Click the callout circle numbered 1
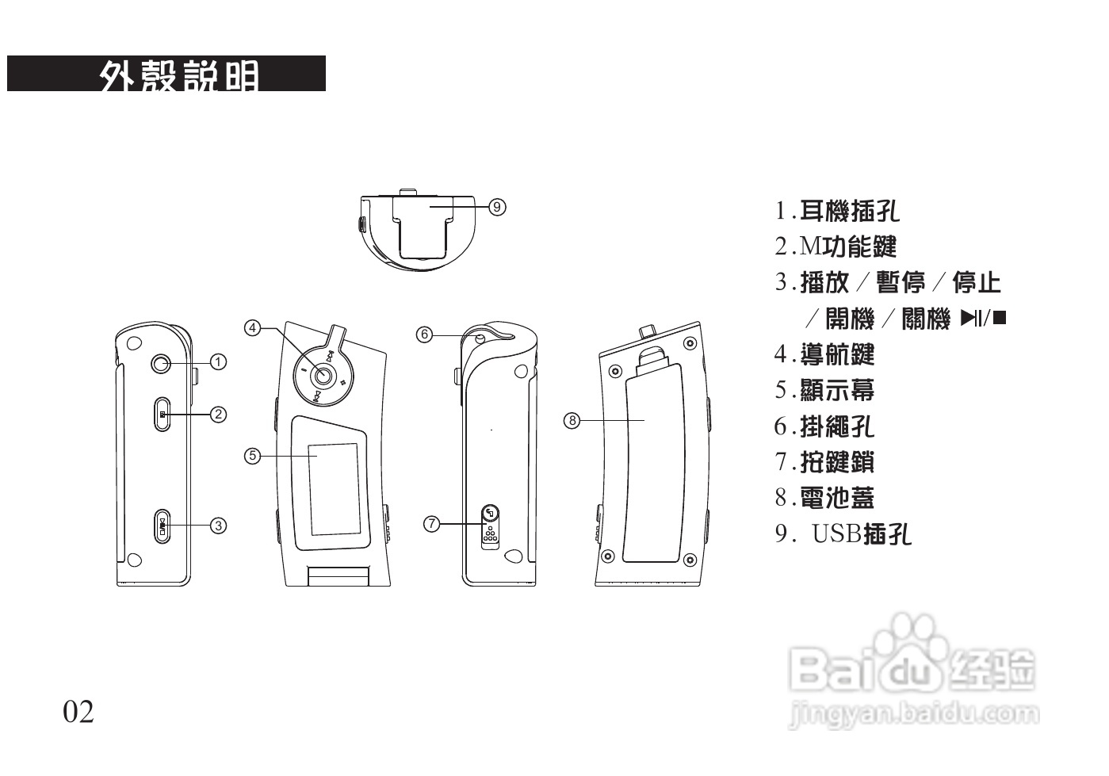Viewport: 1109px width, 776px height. tap(218, 361)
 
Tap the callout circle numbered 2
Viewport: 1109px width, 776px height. tap(218, 414)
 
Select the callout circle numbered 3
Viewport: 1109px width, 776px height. tap(218, 525)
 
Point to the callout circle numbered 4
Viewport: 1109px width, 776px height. tap(252, 327)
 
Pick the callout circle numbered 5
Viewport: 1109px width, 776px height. tap(252, 455)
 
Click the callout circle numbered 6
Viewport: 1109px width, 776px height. tap(425, 334)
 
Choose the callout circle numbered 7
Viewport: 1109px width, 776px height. tap(431, 523)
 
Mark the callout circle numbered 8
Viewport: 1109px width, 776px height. tap(572, 419)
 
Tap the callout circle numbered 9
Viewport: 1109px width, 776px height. tap(497, 207)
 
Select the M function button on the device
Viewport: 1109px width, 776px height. tap(162, 415)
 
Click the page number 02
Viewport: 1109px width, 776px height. tap(78, 712)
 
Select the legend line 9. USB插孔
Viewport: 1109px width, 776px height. tap(843, 534)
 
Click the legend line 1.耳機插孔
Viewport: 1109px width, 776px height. tap(836, 211)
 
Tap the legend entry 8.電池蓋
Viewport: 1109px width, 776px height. tap(824, 498)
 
